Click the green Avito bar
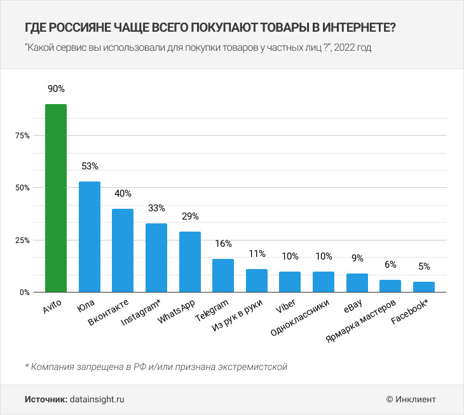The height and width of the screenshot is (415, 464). coord(56,198)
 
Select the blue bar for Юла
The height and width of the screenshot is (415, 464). coord(89,237)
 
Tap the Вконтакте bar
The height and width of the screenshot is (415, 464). coord(123,251)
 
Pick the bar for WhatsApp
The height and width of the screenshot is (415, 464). coord(189,262)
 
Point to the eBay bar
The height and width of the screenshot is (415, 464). coord(357,283)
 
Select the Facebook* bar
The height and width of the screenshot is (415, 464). coord(424,287)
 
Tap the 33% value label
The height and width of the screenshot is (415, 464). coord(156,208)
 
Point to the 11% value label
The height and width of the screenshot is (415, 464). coord(257,254)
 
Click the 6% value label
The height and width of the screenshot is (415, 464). coord(390,265)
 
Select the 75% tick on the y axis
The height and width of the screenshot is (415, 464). coord(22,136)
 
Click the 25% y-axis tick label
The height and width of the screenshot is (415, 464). coord(22,240)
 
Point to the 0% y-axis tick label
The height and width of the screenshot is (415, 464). coord(24,293)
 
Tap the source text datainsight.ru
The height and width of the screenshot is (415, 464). coord(97,399)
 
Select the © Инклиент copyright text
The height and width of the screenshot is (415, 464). coord(411,399)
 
